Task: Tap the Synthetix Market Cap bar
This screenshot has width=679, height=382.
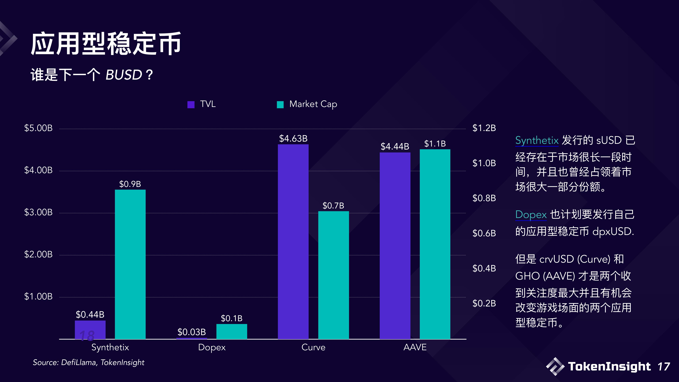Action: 130,264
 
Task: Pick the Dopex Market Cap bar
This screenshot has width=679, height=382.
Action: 232,331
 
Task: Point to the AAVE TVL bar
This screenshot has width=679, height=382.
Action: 395,245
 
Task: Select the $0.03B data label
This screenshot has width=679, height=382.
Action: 192,332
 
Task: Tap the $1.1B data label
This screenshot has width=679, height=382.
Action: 435,144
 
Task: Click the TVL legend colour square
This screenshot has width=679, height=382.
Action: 191,105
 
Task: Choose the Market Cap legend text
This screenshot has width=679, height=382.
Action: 313,104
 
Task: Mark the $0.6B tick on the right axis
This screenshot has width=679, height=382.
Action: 484,233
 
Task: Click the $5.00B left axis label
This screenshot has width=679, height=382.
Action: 39,128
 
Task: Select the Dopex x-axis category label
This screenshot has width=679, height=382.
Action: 212,347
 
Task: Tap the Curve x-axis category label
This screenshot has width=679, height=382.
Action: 313,347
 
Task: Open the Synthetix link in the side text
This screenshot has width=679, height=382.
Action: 537,140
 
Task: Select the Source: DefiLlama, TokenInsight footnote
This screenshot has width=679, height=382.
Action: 89,362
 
